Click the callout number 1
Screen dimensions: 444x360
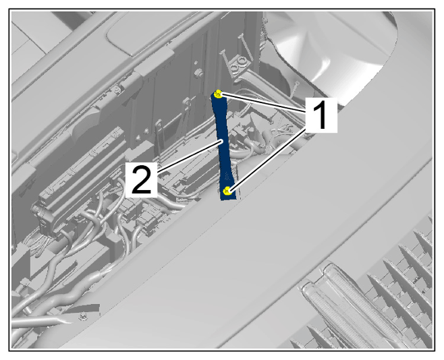(321, 115)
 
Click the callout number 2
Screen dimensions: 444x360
(141, 180)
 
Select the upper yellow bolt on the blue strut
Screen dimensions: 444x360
(219, 94)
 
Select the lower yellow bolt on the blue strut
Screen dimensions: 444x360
(227, 191)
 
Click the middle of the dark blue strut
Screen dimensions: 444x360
(225, 146)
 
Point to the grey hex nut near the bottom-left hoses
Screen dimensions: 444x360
(82, 316)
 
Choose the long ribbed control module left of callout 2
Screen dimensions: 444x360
(82, 175)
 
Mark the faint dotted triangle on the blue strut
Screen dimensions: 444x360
(227, 177)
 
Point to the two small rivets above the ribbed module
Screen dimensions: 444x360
(142, 135)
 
